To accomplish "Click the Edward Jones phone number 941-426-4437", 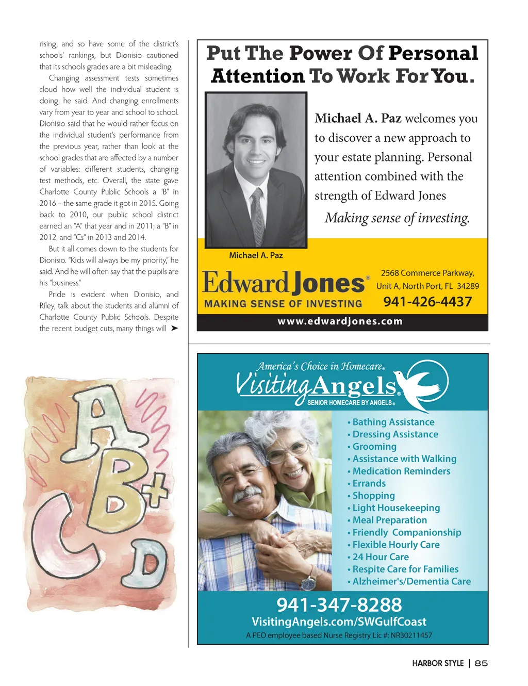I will tap(427, 302).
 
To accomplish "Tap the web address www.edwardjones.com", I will tap(340, 321).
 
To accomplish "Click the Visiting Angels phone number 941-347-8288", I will tap(339, 605).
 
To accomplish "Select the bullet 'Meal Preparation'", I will tap(389, 520).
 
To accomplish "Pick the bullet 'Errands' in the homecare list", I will tap(369, 483).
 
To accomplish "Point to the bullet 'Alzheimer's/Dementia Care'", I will tap(411, 581).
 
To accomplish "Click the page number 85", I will tap(481, 663).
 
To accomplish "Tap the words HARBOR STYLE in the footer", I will tap(438, 663).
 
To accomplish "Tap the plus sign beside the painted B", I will tap(155, 493).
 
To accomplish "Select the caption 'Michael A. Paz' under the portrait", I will tap(256, 255).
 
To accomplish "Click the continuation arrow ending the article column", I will tap(175, 328).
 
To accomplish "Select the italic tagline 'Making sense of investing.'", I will tap(397, 218).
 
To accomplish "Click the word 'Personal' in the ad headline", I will tap(433, 53).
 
